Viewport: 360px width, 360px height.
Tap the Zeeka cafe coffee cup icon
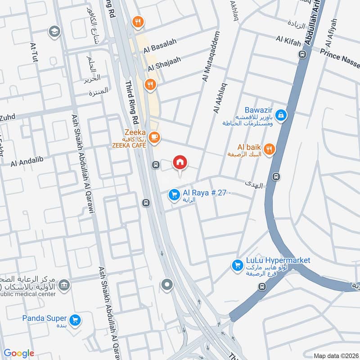click(154, 137)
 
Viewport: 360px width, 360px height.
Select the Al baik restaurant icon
click(270, 149)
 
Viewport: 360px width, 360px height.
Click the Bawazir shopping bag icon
click(281, 115)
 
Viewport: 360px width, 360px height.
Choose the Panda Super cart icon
click(76, 319)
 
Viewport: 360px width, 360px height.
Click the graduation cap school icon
click(54, 31)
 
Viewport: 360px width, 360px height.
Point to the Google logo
click(19, 353)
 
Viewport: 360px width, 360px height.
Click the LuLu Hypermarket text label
click(278, 261)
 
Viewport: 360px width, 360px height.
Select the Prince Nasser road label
click(340, 56)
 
